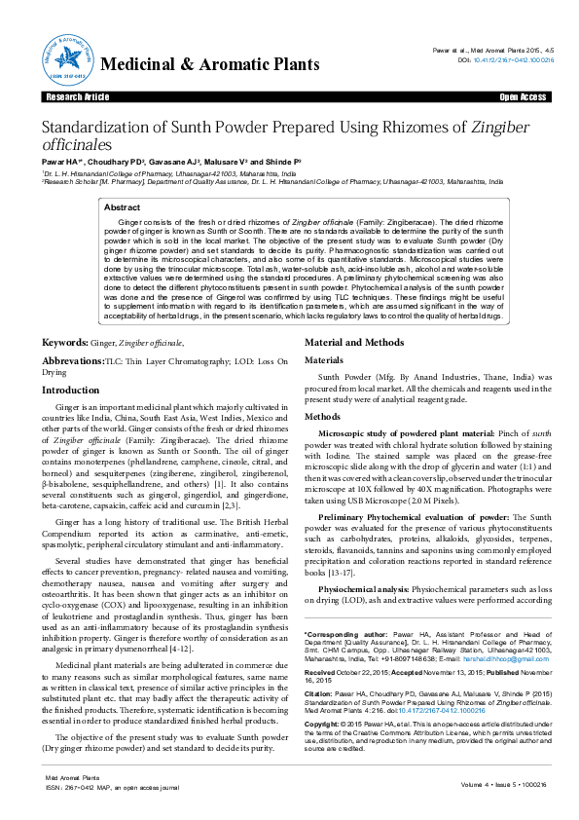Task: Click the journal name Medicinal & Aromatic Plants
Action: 209,65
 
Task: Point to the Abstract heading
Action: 122,207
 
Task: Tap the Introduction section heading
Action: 70,390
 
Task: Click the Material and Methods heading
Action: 356,343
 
